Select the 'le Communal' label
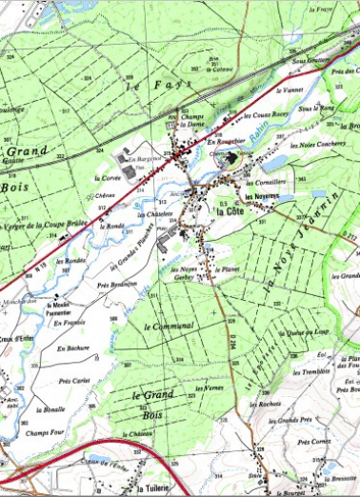point(169,326)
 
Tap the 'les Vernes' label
point(206,388)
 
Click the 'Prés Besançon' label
point(117,285)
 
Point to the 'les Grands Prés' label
point(291,420)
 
